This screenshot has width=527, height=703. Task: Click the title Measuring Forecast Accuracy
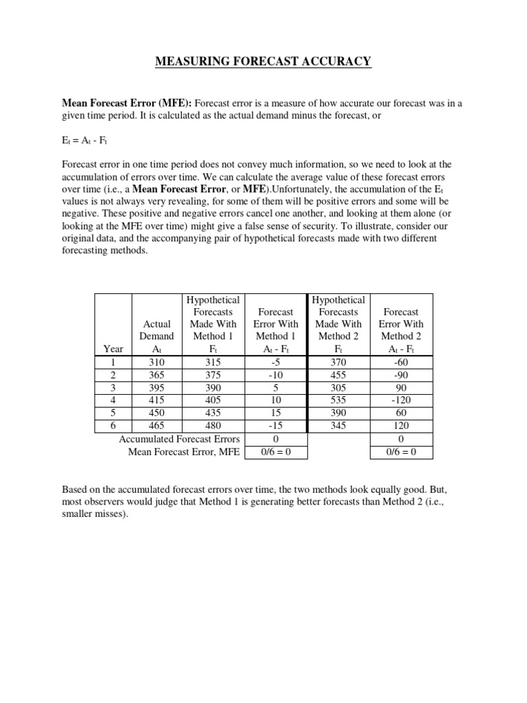coord(263,62)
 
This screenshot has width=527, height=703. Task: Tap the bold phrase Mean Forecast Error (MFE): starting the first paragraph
coord(128,103)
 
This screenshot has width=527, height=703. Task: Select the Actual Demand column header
coord(156,330)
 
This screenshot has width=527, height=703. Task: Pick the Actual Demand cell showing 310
coord(156,362)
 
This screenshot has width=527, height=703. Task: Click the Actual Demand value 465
coord(156,426)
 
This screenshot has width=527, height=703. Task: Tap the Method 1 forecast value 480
coord(213,426)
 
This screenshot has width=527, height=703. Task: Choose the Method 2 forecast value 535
coord(338,400)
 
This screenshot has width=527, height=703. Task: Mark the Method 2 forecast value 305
coord(338,388)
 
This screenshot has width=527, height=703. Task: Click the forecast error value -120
coord(401,400)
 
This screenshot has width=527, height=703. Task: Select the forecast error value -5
coord(276,362)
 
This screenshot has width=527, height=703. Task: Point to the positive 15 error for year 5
coord(276,413)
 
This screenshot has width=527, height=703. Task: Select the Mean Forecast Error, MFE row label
coord(184,452)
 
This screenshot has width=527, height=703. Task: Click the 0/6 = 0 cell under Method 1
coord(276,452)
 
